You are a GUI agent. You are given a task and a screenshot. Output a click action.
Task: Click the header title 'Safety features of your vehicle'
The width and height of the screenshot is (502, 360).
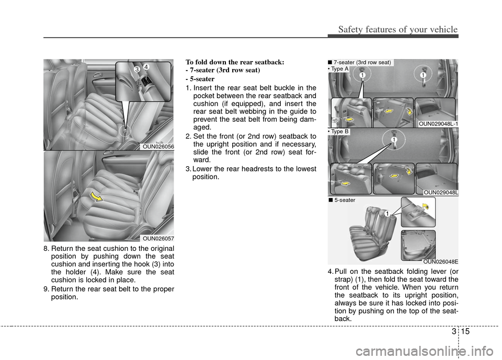point(397,29)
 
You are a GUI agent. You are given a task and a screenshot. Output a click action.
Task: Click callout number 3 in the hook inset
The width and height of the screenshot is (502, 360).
point(135,69)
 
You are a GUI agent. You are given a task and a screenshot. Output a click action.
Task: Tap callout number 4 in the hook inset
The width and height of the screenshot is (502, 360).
point(146,66)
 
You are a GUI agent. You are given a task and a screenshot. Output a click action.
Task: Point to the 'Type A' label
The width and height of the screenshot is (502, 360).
point(339,68)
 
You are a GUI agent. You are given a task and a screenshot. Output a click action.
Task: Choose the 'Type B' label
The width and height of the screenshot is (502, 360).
point(339,132)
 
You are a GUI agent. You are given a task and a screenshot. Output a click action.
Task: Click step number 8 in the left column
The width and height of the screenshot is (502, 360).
point(46,248)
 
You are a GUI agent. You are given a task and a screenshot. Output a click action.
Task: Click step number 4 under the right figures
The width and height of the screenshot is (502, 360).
point(330,272)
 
